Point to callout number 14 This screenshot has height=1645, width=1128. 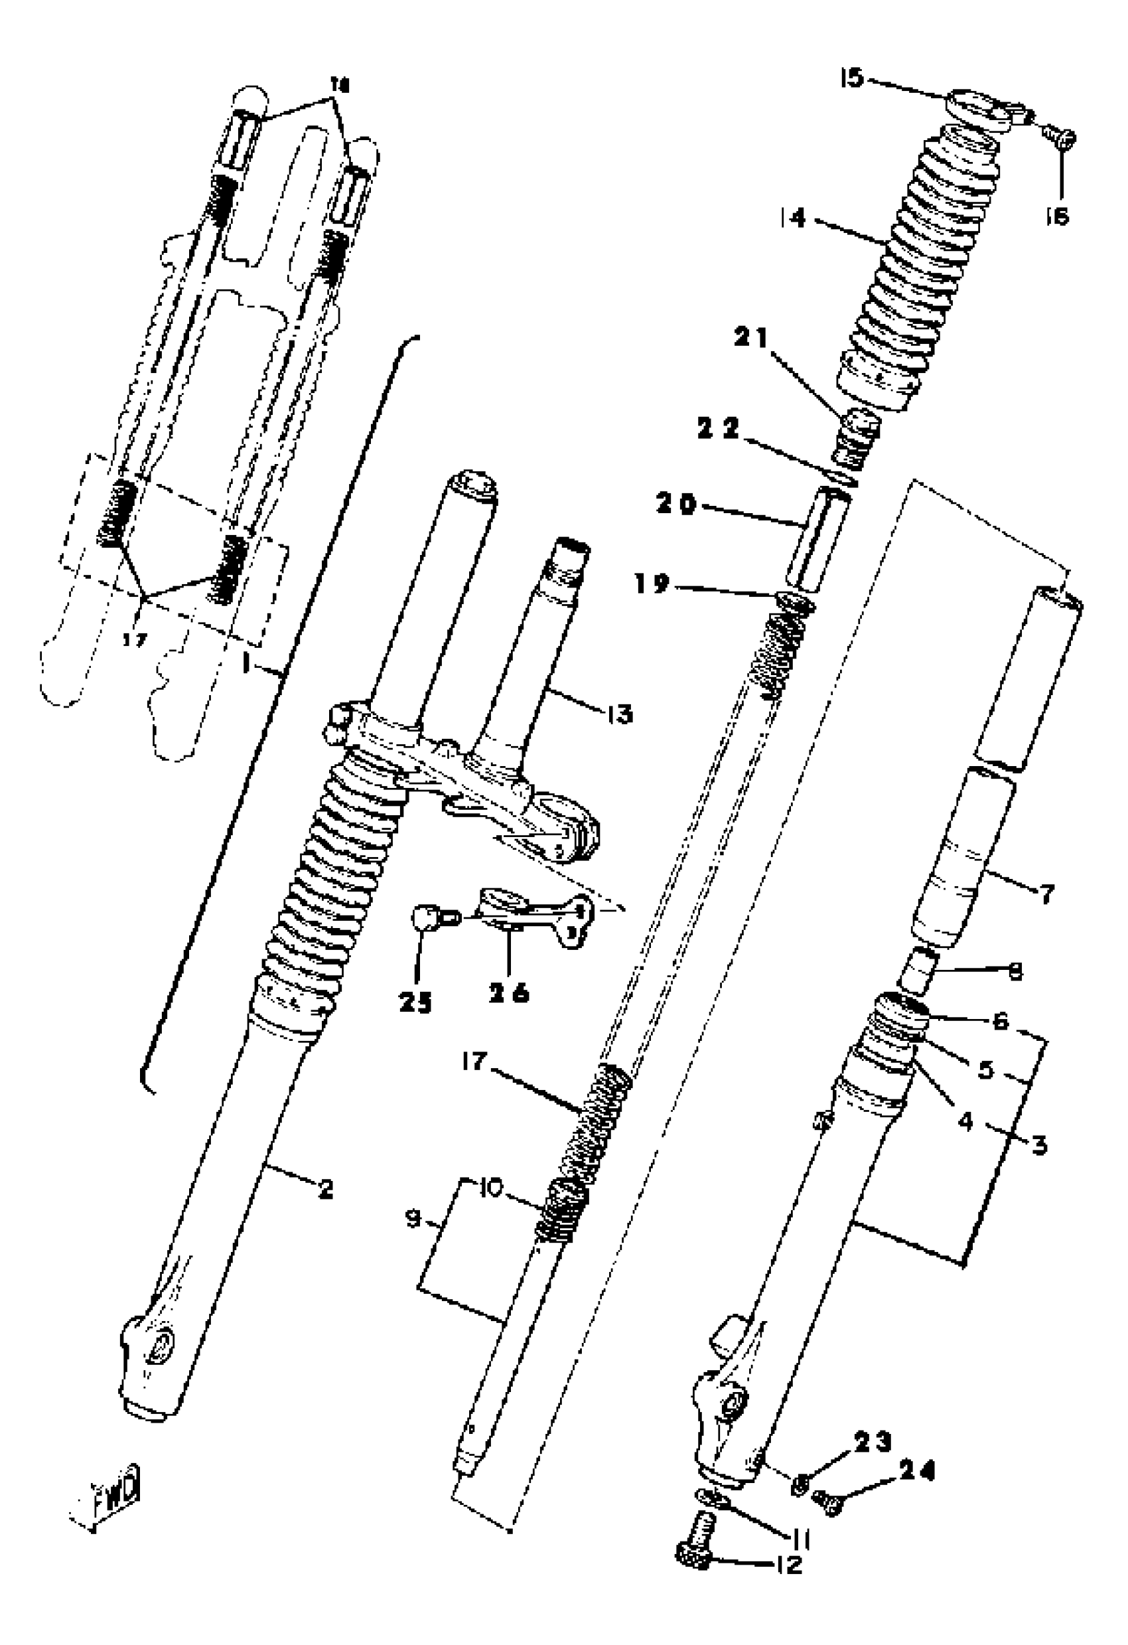tap(794, 218)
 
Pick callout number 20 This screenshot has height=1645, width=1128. tap(677, 505)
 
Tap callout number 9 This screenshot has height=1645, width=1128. tap(414, 1219)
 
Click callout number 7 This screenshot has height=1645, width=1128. tap(1046, 894)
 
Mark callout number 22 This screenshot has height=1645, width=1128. tap(717, 429)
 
